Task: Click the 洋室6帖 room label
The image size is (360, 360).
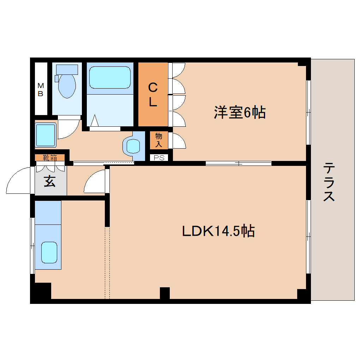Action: [239, 113]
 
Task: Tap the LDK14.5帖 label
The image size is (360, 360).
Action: [218, 231]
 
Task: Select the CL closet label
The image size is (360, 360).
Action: [152, 94]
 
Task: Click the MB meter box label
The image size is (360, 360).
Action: [41, 89]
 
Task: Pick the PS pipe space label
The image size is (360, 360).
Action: [159, 158]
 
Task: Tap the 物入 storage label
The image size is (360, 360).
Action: [158, 140]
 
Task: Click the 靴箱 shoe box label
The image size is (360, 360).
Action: [50, 157]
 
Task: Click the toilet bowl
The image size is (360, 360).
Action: [67, 86]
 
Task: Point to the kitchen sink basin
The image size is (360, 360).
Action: [49, 252]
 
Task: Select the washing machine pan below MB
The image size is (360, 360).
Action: [46, 134]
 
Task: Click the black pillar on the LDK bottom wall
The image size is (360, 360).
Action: [165, 293]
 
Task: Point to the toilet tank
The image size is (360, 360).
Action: [67, 69]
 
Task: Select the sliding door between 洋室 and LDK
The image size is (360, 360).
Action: [239, 163]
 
